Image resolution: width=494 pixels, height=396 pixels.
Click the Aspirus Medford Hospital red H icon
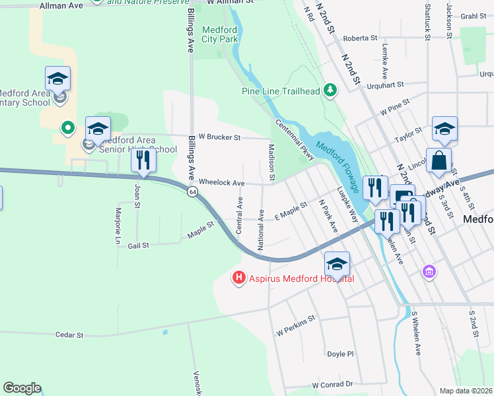click(239, 279)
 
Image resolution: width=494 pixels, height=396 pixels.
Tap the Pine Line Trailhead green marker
click(331, 90)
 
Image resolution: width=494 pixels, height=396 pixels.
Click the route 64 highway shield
click(192, 191)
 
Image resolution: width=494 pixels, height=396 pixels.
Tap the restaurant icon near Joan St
click(143, 160)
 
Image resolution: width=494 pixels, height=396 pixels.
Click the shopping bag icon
click(439, 160)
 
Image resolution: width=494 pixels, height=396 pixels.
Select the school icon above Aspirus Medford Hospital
click(337, 265)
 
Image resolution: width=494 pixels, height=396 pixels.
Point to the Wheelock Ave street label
click(222, 182)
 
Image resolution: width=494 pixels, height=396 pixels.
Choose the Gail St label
click(138, 245)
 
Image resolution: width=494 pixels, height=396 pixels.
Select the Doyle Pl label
click(341, 354)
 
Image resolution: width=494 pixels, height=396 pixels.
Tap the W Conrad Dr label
click(333, 384)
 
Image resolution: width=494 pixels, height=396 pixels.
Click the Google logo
click(22, 388)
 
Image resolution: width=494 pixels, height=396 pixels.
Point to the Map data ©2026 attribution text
click(466, 391)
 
